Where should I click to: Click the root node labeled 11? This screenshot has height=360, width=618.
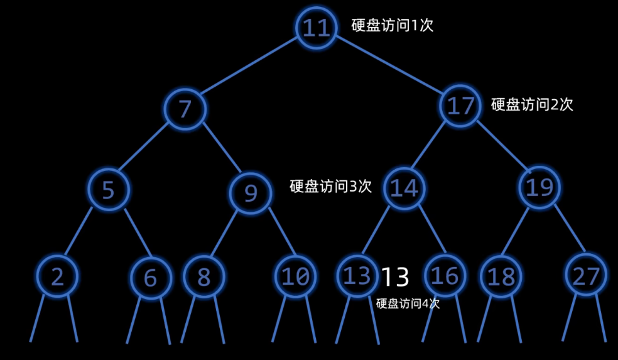[x=317, y=28]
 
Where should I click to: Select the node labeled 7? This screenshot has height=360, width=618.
[x=185, y=109]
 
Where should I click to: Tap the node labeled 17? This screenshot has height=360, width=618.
[x=461, y=106]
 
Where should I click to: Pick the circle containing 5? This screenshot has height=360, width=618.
[x=109, y=189]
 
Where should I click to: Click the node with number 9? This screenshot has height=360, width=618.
[x=250, y=193]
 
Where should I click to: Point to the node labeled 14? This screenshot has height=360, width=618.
[x=404, y=188]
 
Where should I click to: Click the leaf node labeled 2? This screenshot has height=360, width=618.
[x=57, y=276]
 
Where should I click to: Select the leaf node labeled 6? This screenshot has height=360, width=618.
[x=151, y=277]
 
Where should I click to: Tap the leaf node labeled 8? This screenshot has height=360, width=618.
[x=203, y=276]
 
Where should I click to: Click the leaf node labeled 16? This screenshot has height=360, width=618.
[x=445, y=276]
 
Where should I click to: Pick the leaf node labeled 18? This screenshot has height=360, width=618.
[x=501, y=276]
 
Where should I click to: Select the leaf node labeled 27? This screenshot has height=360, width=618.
[x=585, y=275]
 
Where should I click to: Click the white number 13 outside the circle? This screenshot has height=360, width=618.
[x=396, y=276]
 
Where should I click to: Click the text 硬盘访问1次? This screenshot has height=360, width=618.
[x=393, y=26]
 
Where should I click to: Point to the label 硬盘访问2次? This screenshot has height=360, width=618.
[x=532, y=104]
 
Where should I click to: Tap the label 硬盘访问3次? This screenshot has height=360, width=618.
[x=330, y=187]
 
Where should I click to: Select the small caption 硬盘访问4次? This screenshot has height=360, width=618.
[x=408, y=303]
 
